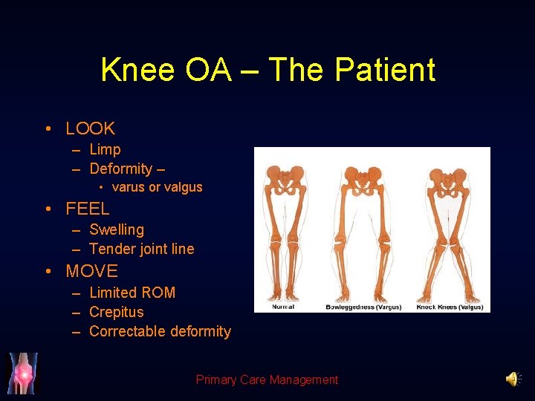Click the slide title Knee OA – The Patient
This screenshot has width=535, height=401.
[x=267, y=71]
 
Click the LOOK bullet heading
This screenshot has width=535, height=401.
[x=90, y=128]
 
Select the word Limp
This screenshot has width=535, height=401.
[x=105, y=149]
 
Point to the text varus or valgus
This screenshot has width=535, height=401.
[x=157, y=187]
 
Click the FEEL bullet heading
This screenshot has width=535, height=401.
[x=87, y=209]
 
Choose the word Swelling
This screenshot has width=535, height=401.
[x=117, y=229]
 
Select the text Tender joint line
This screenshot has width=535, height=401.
[x=141, y=249]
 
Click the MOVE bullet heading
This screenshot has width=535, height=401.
[x=91, y=271]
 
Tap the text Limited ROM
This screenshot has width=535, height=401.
[x=132, y=293]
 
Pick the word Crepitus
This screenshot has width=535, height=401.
[x=116, y=312]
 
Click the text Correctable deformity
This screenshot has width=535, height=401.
[x=160, y=331]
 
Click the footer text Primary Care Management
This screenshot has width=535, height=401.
[x=267, y=379]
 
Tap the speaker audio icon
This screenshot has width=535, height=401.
[x=513, y=379]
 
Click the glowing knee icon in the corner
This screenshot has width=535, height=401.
[x=22, y=374]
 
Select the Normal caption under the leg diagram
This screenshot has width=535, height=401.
[x=283, y=307]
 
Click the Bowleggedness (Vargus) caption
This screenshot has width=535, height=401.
[x=363, y=307]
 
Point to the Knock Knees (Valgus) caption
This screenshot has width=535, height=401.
[x=450, y=307]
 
